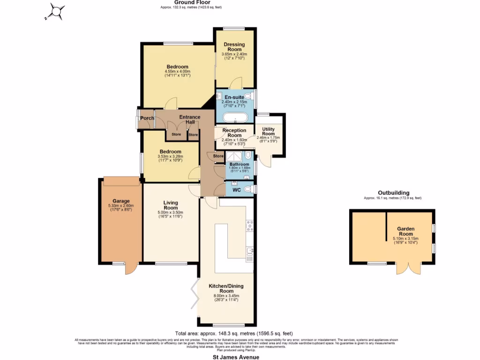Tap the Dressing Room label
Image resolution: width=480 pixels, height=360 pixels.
[234, 47]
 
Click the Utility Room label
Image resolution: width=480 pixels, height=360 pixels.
[268, 131]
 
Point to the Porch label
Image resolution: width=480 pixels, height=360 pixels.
[147, 118]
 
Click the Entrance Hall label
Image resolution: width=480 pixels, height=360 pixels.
[190, 120]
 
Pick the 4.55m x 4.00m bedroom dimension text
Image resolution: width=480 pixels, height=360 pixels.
[177, 73]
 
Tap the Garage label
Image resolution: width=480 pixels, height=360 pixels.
[120, 201]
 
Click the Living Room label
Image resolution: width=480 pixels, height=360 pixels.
[171, 205]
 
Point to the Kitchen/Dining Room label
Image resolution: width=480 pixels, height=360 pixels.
[226, 288]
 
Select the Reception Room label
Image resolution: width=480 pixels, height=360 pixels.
[234, 133]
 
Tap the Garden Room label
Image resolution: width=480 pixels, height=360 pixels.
[405, 231]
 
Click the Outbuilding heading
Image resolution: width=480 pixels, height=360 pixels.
[394, 193]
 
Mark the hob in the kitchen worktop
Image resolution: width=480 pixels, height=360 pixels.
[249, 226]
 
